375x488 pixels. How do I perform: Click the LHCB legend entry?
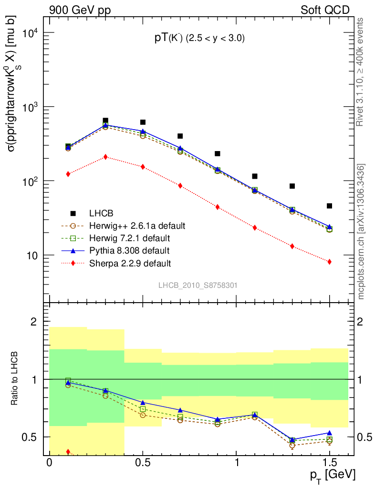[102, 213]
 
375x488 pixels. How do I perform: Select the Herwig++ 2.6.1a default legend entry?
[137, 225]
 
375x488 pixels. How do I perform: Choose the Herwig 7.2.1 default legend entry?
[129, 237]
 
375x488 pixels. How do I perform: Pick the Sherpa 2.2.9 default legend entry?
[130, 263]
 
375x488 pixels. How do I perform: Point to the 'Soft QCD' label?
[325, 10]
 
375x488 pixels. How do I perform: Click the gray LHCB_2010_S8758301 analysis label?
[198, 285]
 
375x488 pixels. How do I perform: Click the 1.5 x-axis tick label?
[329, 463]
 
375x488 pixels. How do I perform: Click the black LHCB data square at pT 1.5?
[329, 206]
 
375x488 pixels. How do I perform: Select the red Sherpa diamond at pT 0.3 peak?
[105, 157]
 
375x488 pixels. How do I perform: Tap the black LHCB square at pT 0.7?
[180, 136]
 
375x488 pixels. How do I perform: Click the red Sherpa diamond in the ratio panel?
[68, 451]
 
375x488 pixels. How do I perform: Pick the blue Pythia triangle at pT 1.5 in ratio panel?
[329, 433]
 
